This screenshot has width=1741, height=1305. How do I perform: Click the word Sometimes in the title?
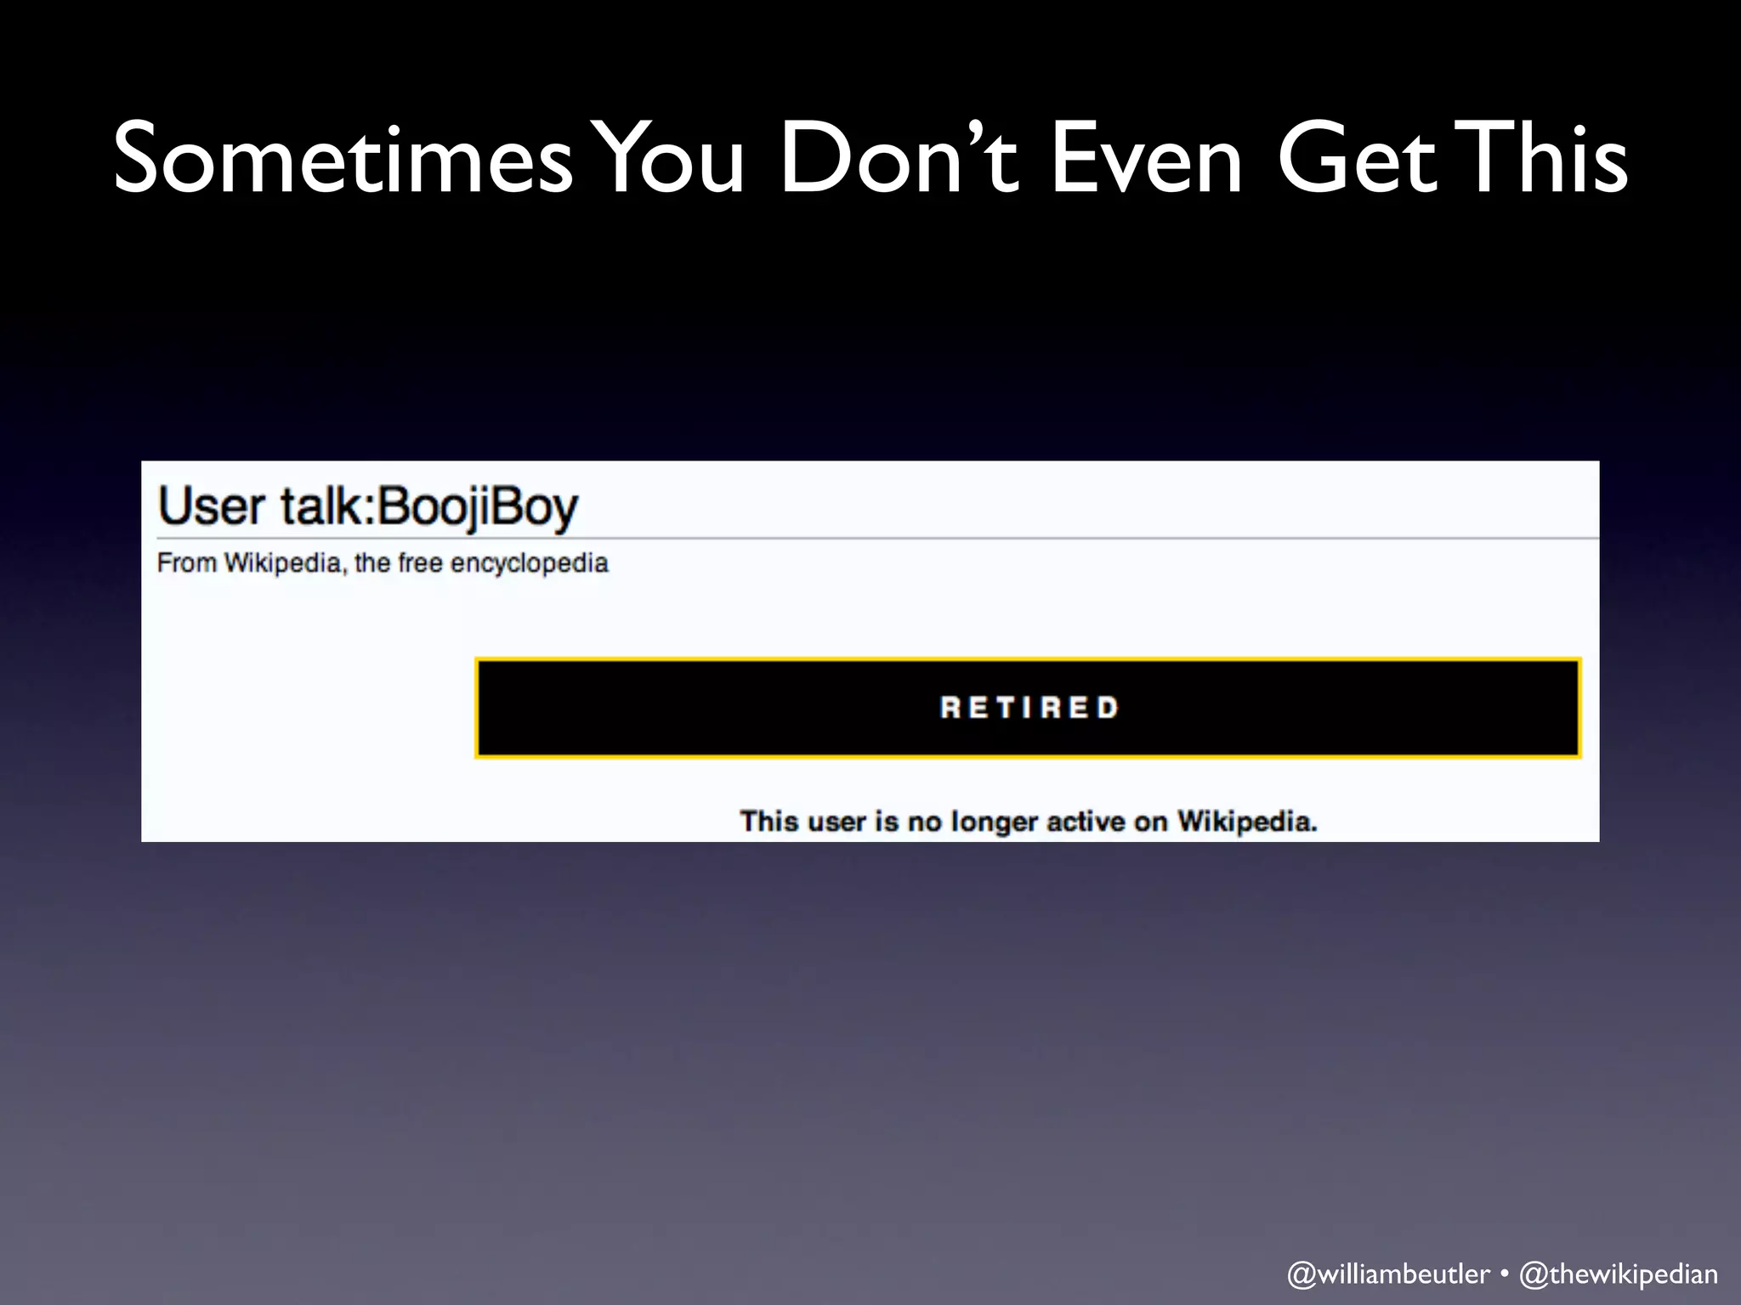343,159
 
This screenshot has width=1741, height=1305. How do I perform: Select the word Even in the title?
1148,159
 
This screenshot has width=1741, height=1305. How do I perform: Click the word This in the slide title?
1546,159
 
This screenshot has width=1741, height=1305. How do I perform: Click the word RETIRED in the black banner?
1029,708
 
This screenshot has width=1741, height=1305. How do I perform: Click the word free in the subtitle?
420,563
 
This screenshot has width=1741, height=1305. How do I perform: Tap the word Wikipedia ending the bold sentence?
1246,822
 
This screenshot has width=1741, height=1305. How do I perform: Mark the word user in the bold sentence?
836,822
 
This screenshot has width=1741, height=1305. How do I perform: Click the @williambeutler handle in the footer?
1388,1274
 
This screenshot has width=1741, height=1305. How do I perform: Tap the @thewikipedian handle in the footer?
1619,1274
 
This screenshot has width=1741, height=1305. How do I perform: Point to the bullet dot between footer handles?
1504,1274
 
